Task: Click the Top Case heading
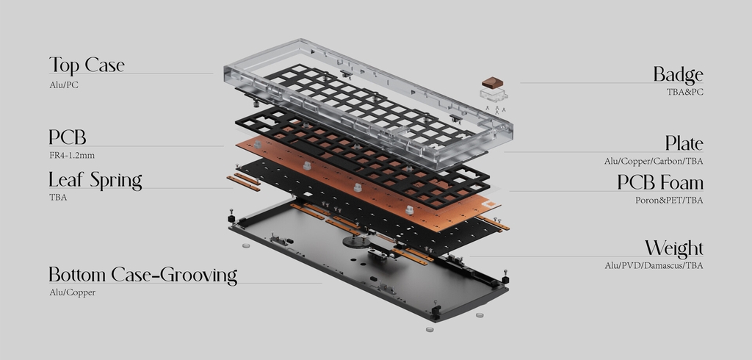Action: pos(87,65)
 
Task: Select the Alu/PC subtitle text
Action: pos(64,85)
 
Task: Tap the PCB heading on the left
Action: pos(68,137)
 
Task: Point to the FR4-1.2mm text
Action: pos(71,156)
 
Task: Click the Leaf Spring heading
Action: pos(95,180)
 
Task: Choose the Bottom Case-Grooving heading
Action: pos(142,276)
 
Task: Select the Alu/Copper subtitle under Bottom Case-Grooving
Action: pos(72,292)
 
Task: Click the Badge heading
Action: pos(678,75)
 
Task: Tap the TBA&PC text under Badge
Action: pos(684,92)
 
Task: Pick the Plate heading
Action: pos(684,143)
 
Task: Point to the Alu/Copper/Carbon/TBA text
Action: pos(654,161)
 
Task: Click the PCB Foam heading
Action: pos(659,182)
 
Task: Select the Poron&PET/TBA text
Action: pos(669,200)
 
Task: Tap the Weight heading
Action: pos(673,248)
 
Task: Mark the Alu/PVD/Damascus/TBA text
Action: pos(654,265)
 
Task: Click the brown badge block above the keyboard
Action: pos(491,82)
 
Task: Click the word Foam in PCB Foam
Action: pos(681,182)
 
